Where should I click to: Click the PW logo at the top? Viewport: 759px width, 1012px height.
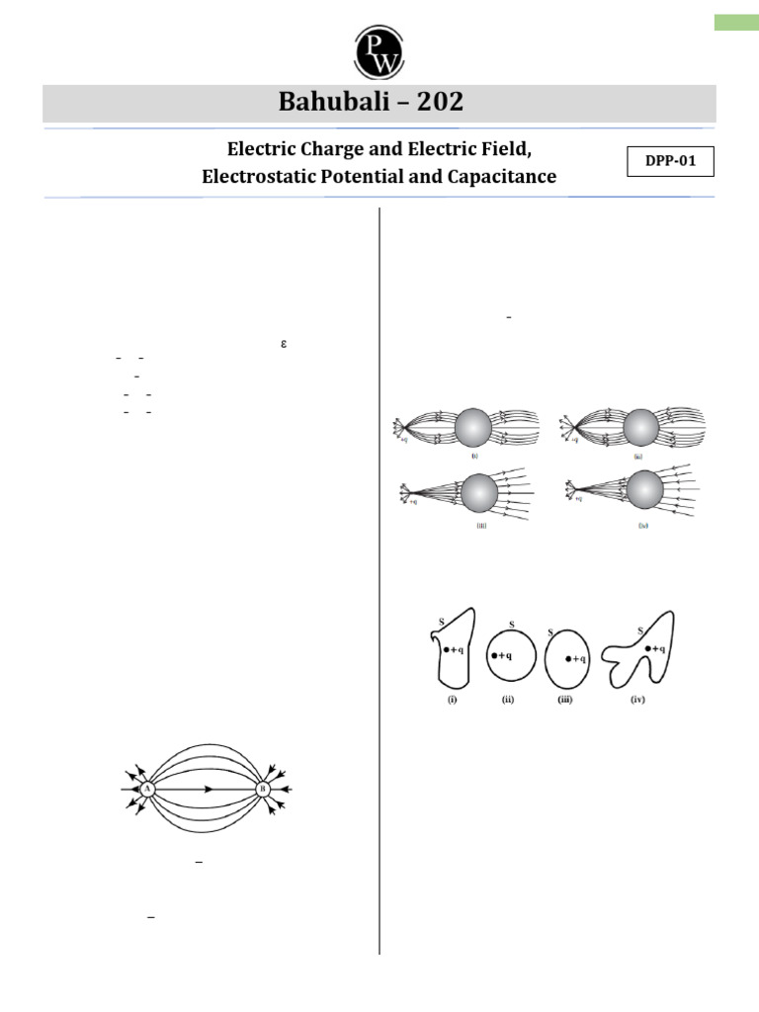(x=379, y=49)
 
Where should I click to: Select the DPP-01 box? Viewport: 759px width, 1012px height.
(x=670, y=161)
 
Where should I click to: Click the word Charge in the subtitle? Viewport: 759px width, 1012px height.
(x=337, y=149)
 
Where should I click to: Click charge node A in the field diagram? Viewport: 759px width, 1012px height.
(x=147, y=789)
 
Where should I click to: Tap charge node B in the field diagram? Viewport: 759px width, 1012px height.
(x=263, y=789)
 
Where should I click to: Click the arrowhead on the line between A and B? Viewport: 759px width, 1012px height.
(x=209, y=789)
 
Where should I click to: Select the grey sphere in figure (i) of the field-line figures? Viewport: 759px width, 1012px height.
(x=474, y=427)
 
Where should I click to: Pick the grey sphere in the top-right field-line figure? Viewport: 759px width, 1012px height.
(x=641, y=427)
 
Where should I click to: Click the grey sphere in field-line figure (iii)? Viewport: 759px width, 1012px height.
(x=479, y=491)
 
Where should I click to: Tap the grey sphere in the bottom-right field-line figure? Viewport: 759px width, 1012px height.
(x=645, y=489)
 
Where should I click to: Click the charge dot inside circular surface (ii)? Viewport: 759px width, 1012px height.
(x=494, y=655)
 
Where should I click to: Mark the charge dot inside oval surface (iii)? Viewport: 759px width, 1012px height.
(x=568, y=659)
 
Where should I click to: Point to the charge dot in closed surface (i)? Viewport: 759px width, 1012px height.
(x=447, y=649)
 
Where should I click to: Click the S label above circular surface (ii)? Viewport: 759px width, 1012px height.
(x=511, y=625)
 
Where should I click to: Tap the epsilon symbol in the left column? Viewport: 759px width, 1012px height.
(x=283, y=344)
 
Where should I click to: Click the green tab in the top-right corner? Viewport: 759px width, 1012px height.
(x=736, y=22)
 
